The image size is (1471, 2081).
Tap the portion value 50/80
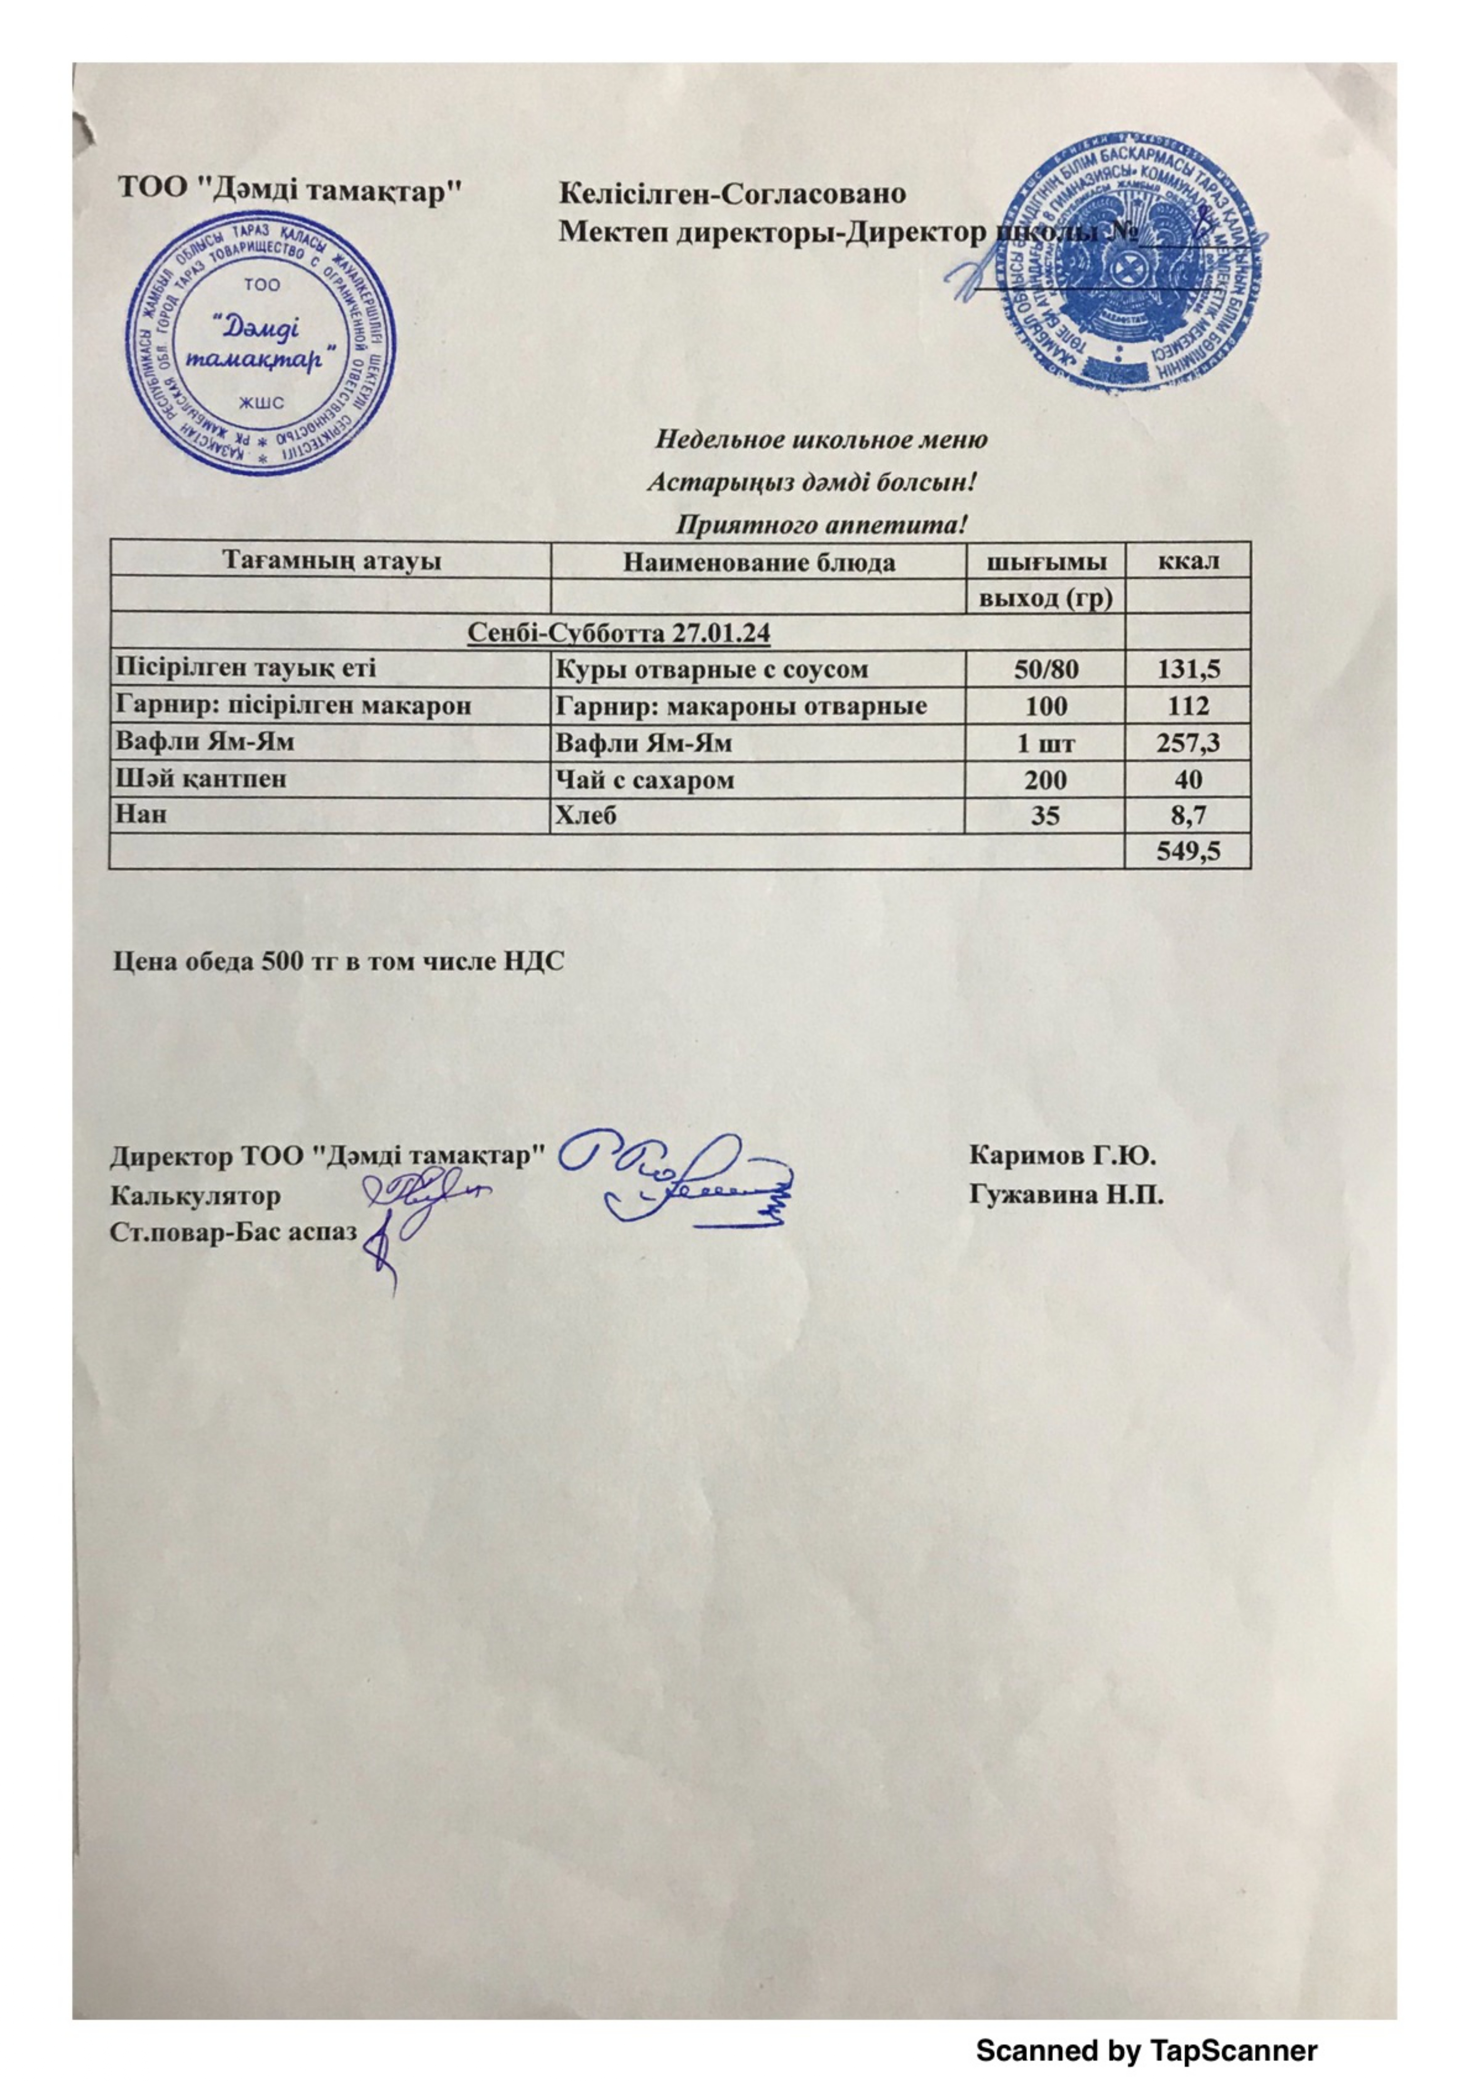pos(1046,670)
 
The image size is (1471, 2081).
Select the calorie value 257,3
pos(1188,743)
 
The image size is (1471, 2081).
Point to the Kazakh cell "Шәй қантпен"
pos(201,779)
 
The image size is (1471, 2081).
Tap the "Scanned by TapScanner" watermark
pos(1146,2050)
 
